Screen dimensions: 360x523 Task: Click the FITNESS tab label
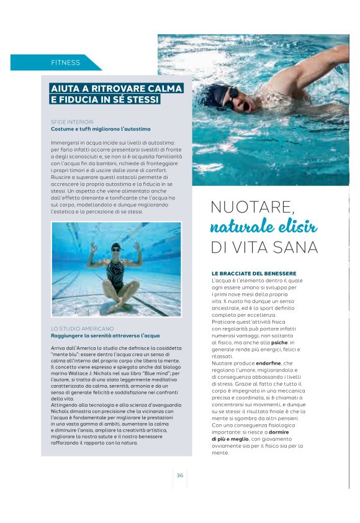point(66,63)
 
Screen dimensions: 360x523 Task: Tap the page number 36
point(179,475)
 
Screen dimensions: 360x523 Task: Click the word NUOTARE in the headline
point(251,206)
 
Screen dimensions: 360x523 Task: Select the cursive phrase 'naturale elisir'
point(264,226)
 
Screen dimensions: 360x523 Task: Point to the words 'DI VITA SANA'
point(264,247)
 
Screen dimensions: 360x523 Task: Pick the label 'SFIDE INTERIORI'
point(72,122)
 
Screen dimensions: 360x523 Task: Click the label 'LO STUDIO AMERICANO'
point(82,328)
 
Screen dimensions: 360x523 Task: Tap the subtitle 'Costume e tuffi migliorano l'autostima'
point(101,129)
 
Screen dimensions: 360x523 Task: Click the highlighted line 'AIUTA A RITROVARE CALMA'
point(117,88)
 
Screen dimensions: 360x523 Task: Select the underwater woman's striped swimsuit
point(117,273)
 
